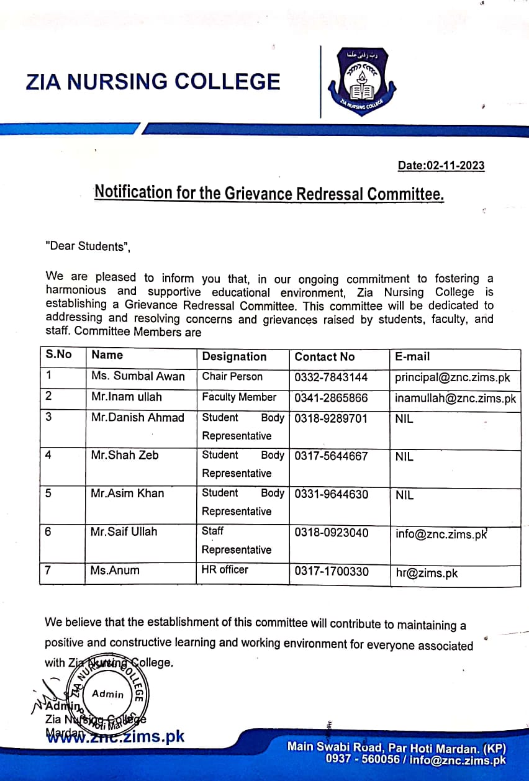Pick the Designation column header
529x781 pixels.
pyautogui.click(x=234, y=357)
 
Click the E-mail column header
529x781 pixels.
pyautogui.click(x=412, y=357)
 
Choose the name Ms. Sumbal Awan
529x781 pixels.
pyautogui.click(x=138, y=376)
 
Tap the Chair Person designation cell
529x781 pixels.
pyautogui.click(x=232, y=376)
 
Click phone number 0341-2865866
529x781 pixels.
pyautogui.click(x=331, y=398)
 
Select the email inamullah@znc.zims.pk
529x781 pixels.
pyautogui.click(x=455, y=399)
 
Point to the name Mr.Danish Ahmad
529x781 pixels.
pyautogui.click(x=138, y=418)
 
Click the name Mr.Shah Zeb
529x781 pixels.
pyautogui.click(x=125, y=455)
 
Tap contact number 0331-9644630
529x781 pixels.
pyautogui.click(x=331, y=494)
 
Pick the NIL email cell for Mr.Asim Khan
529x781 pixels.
pyautogui.click(x=404, y=495)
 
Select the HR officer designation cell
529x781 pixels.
pyautogui.click(x=225, y=569)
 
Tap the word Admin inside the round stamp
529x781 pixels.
pyautogui.click(x=108, y=694)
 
